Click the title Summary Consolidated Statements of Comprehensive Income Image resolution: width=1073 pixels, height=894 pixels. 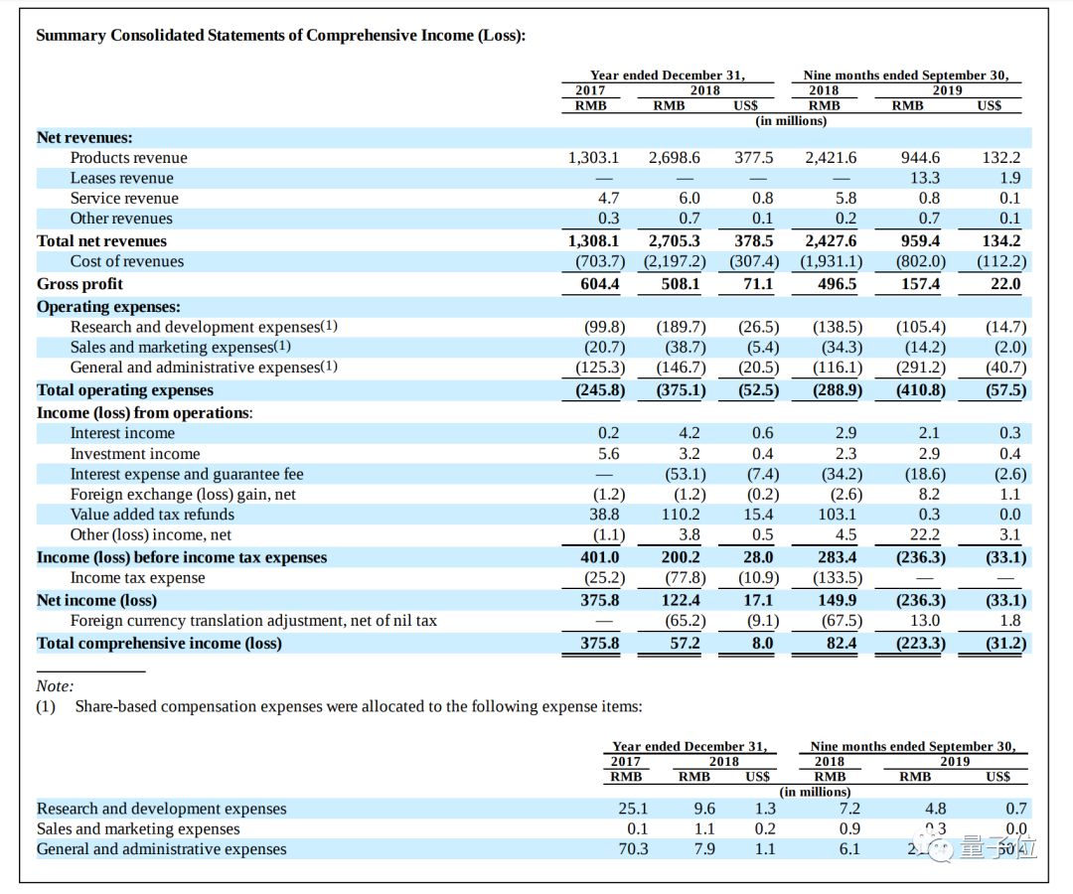point(280,36)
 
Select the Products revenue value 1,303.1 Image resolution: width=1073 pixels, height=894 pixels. point(593,158)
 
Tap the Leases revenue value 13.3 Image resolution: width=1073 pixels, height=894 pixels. point(924,178)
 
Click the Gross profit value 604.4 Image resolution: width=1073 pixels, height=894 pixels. point(599,284)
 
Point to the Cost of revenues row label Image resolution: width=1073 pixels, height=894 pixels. point(126,261)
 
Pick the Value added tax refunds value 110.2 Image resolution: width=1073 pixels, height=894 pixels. point(681,515)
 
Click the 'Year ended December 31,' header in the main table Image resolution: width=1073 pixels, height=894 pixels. point(667,75)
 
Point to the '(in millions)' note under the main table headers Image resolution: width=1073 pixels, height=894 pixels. point(791,120)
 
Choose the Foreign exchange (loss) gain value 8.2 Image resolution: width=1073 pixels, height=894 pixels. point(928,495)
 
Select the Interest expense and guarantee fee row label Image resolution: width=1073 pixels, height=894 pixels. point(187,474)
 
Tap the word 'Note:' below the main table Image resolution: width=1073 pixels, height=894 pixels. point(55,686)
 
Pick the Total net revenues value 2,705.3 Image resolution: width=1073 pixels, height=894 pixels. point(674,241)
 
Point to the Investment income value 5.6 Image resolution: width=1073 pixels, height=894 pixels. point(608,454)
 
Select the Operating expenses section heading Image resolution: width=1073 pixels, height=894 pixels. point(108,307)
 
